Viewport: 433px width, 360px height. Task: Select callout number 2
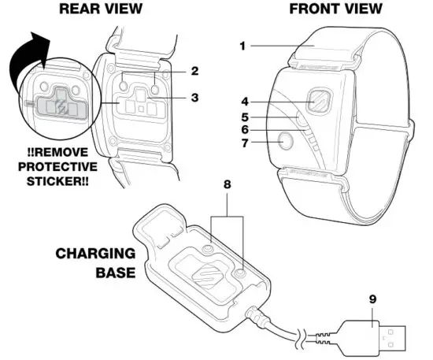point(194,71)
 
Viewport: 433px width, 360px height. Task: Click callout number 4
point(245,100)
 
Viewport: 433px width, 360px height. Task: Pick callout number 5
point(245,116)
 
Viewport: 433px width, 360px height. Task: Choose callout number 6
point(245,129)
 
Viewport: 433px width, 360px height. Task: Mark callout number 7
point(245,144)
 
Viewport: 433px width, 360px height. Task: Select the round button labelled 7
point(284,143)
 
